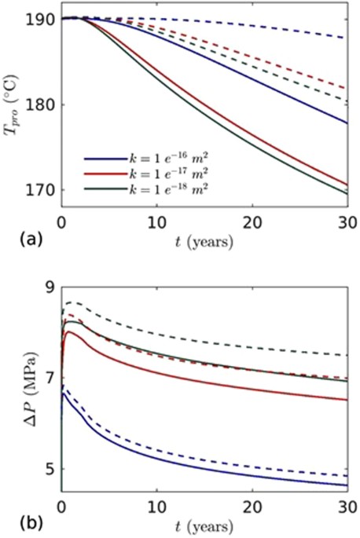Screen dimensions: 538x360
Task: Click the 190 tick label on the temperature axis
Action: tap(44, 20)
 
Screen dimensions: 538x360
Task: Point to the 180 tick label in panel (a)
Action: tap(44, 104)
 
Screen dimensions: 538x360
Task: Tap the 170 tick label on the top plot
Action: tap(44, 189)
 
